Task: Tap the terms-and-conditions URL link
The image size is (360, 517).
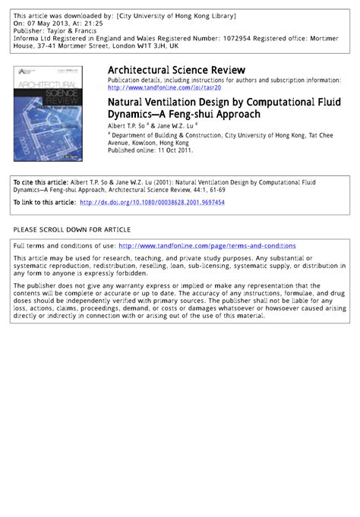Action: [207, 246]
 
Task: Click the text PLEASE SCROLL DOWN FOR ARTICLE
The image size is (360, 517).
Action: [71, 229]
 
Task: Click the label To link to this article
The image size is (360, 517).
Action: [44, 203]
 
